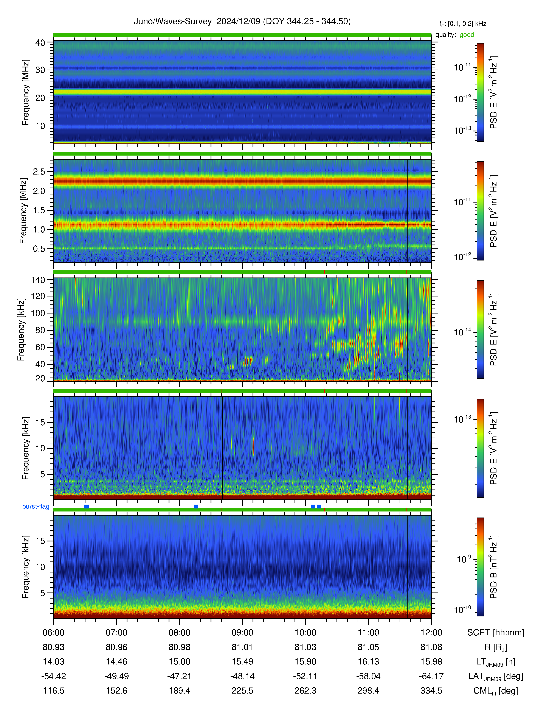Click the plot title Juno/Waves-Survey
[x=173, y=22]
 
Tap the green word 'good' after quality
[x=467, y=35]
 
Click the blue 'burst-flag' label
[x=36, y=506]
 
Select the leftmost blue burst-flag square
[x=87, y=507]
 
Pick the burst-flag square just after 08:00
[x=196, y=507]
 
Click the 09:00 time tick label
[x=242, y=633]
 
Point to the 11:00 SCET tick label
[x=369, y=633]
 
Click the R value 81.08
[x=431, y=647]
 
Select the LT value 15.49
[x=242, y=661]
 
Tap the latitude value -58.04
[x=369, y=676]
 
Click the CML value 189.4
[x=180, y=691]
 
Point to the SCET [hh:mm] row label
[x=496, y=633]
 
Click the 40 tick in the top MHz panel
[x=40, y=43]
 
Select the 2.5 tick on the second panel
[x=39, y=172]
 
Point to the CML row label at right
[x=496, y=691]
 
